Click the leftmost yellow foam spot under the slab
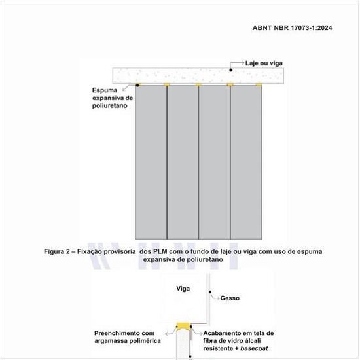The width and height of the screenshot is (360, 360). [x=139, y=85]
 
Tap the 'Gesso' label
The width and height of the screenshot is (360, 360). [x=230, y=297]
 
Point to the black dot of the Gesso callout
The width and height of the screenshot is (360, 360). [x=209, y=293]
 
